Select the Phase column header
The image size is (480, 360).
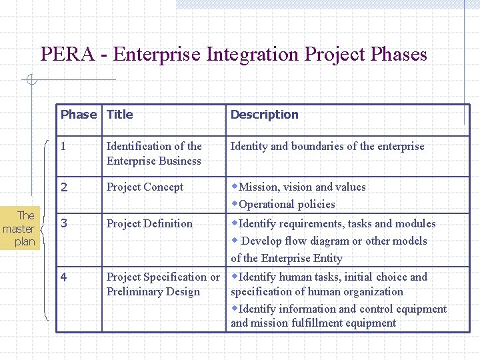click(78, 114)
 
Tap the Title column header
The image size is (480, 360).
click(120, 114)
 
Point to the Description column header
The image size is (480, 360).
click(264, 115)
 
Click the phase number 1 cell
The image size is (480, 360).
click(63, 146)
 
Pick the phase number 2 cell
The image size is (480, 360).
click(64, 187)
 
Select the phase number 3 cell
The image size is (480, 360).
click(64, 223)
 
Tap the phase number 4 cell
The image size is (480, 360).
click(64, 277)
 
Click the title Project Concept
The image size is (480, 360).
click(145, 187)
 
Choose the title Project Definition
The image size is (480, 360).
click(149, 223)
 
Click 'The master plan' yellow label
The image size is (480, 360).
click(21, 229)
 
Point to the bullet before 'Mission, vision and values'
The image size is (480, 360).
click(234, 187)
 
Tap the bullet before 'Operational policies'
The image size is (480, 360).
click(234, 203)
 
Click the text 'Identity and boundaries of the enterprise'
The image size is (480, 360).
click(327, 147)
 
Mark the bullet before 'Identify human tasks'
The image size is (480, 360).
click(234, 276)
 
